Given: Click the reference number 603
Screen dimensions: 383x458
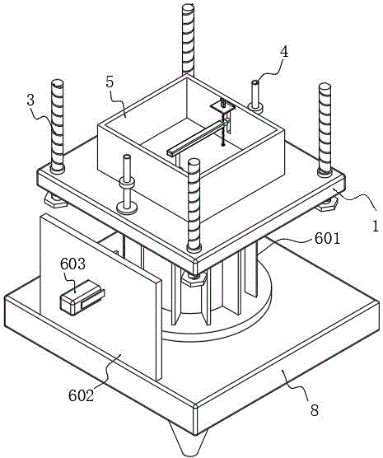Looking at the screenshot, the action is (72, 264).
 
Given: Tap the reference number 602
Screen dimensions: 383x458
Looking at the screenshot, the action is (82, 395).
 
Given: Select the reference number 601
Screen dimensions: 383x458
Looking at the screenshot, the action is (328, 239).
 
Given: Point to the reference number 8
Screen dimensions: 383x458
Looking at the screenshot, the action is (314, 410).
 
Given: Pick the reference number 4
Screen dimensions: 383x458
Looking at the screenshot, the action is (284, 52).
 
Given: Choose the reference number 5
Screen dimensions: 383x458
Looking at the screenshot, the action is (110, 82).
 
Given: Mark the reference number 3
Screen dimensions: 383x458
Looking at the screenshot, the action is (30, 100).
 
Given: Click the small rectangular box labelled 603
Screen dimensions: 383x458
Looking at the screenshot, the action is (82, 297).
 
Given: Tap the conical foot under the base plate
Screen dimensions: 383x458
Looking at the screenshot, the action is (189, 442).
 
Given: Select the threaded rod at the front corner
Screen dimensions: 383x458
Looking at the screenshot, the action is (194, 204).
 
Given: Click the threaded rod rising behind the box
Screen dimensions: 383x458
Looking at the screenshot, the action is (189, 40).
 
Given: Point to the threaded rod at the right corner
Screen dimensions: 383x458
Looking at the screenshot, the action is (325, 129).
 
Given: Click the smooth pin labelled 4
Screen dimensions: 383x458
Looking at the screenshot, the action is (255, 96).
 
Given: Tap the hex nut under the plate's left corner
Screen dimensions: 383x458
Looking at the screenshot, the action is (54, 201).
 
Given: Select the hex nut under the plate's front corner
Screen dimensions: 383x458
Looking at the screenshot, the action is (194, 278).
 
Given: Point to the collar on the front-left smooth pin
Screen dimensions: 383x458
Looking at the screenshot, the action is (127, 184).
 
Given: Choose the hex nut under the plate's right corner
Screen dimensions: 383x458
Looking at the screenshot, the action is (328, 204).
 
